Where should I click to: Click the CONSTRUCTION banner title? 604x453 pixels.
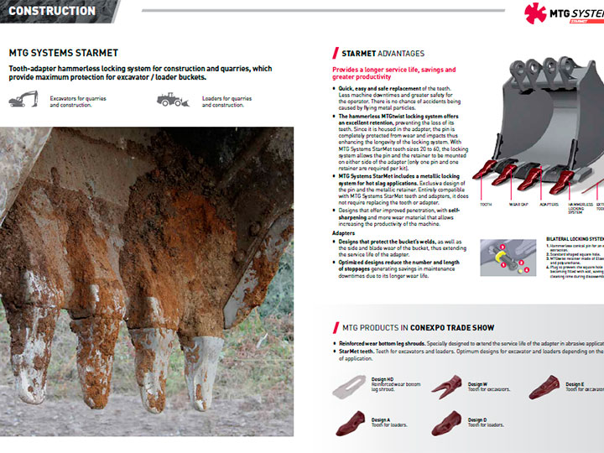51,11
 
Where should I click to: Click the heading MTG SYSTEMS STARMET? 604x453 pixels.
63,52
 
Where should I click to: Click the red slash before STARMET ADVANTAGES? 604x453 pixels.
336,53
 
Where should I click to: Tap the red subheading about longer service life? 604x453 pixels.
393,74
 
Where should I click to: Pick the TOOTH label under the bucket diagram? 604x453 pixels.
486,205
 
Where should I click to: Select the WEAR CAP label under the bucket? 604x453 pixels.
518,205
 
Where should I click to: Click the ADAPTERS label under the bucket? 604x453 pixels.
549,205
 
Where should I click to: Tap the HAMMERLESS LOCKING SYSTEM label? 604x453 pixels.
581,208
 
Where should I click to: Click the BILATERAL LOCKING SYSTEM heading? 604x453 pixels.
575,238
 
